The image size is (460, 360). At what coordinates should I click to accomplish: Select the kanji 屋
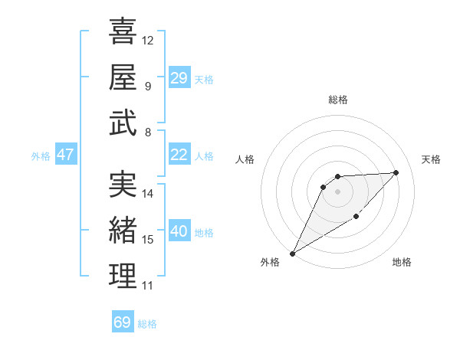[123, 77]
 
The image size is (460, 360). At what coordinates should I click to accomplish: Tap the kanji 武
[123, 123]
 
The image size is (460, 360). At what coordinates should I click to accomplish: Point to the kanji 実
[123, 184]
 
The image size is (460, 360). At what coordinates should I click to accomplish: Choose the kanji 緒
[123, 230]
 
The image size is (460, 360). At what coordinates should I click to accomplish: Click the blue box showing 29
[179, 78]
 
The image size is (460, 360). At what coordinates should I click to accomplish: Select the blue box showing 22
[179, 155]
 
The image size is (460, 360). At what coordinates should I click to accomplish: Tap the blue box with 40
[179, 232]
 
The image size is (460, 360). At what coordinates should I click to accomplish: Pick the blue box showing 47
[65, 155]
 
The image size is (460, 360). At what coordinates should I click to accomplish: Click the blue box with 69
[123, 322]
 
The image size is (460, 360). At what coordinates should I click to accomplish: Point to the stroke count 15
[148, 240]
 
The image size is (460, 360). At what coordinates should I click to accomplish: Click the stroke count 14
[148, 194]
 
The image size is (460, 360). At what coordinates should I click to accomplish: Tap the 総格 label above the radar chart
[337, 100]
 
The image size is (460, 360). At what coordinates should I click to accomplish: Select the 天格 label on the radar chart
[431, 159]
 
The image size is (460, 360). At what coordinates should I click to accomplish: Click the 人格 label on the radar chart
[245, 159]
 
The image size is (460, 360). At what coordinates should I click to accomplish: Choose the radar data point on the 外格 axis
[292, 253]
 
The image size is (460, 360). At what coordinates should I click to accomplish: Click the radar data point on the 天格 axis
[396, 172]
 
